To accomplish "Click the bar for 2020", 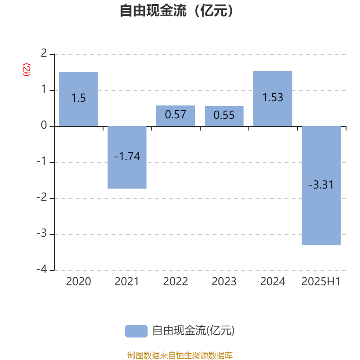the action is pos(78,99).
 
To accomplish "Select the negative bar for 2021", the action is pos(127,157).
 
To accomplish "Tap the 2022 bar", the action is pos(175,116).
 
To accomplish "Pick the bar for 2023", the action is pos(224,116).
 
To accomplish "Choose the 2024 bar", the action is pos(273,99).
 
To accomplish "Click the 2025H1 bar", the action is pos(321,186).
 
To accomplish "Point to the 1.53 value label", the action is pos(273,97).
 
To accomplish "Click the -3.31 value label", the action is pos(321,184).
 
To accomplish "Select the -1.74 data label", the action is pos(127,156).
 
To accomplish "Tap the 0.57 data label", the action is pos(175,115).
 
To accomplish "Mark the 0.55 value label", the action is pos(224,115).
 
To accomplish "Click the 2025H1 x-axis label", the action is pos(321,282).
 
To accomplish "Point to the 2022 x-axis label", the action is pos(175,282).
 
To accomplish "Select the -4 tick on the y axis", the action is pos(42,269).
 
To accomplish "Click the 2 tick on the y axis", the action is pos(44,53).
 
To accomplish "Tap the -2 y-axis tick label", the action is pos(42,197).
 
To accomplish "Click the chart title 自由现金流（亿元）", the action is pos(176,10).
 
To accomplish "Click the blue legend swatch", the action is pos(136,331).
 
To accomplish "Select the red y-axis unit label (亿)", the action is pos(27,70).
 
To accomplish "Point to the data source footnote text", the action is pos(180,355).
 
